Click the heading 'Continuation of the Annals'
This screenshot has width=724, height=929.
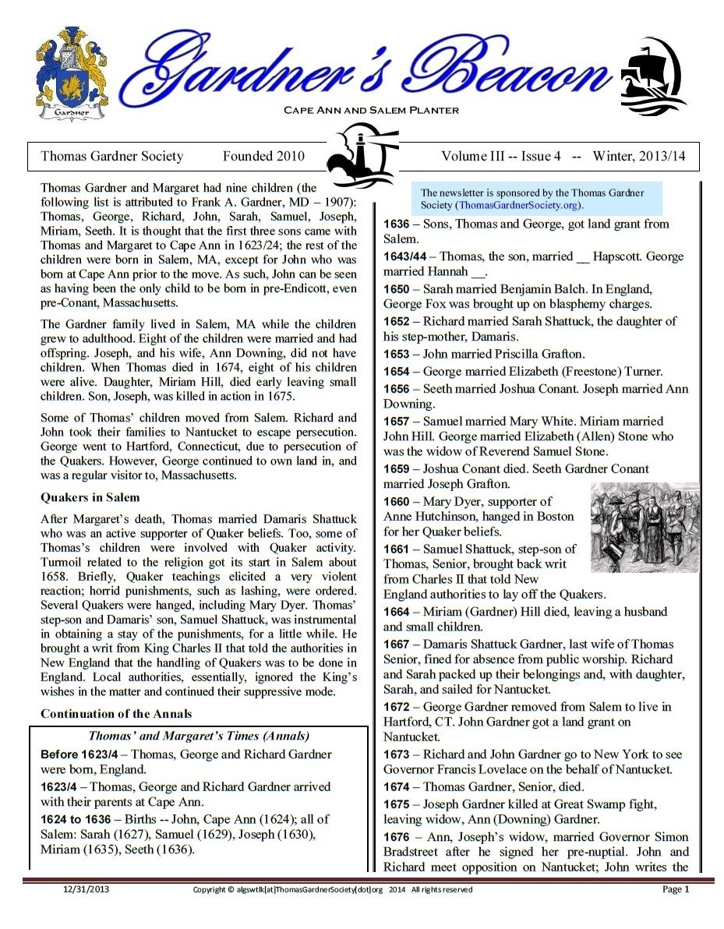[115, 714]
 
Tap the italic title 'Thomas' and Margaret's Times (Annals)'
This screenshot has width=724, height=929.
[199, 736]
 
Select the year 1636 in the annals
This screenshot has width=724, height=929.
[397, 224]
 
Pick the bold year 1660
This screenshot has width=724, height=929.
[397, 501]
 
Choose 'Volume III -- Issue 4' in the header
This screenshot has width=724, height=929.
[501, 156]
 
